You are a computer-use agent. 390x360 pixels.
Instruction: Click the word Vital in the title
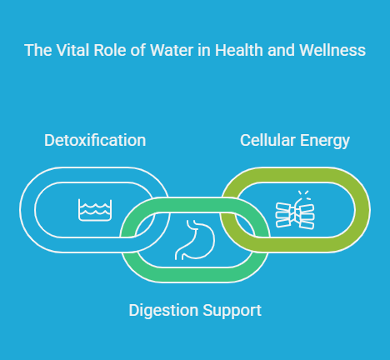click(x=73, y=50)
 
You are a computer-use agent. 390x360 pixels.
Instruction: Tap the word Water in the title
click(x=172, y=50)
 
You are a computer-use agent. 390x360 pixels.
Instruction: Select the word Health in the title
click(x=239, y=50)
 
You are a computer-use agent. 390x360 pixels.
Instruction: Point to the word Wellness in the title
click(x=332, y=50)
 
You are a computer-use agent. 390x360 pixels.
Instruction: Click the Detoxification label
click(x=95, y=140)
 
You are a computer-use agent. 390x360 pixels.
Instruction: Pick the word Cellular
click(x=267, y=140)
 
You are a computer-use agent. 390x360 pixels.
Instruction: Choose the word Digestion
click(x=164, y=311)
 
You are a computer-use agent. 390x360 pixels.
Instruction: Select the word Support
click(x=232, y=311)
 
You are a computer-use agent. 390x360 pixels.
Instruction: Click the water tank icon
click(x=95, y=210)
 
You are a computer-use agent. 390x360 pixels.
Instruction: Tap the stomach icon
click(x=195, y=240)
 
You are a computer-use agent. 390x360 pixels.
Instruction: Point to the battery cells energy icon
click(x=295, y=215)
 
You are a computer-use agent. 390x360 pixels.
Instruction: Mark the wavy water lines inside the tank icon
click(x=95, y=209)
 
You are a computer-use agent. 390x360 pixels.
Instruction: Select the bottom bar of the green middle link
click(x=195, y=275)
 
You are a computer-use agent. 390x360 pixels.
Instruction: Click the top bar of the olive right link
click(x=295, y=175)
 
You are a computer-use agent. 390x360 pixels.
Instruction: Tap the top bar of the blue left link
click(x=95, y=175)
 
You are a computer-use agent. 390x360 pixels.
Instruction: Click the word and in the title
click(x=282, y=50)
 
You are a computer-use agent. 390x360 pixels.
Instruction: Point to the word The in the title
click(x=38, y=50)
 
